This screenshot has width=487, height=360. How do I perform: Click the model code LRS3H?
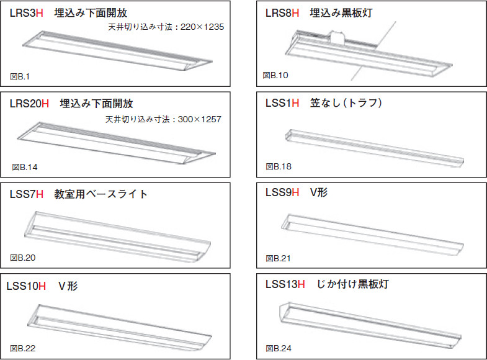click(x=27, y=13)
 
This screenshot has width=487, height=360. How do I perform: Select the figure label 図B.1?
click(x=20, y=76)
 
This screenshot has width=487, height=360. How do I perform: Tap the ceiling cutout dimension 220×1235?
click(x=202, y=27)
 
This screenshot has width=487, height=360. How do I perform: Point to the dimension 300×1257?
click(x=199, y=119)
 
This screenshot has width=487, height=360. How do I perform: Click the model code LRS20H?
click(x=29, y=104)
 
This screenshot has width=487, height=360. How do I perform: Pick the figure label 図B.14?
click(x=25, y=167)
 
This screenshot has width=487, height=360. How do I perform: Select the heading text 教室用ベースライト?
click(x=101, y=194)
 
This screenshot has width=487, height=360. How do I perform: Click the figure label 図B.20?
click(x=23, y=258)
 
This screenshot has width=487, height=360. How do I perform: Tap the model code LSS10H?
click(x=26, y=286)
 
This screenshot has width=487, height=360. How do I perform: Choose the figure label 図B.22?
click(x=23, y=348)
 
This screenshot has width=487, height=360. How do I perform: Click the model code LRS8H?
click(x=282, y=13)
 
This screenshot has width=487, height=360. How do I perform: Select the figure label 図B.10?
click(x=275, y=75)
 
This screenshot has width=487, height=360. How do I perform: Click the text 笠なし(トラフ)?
click(x=346, y=103)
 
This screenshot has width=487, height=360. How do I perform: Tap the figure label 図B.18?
click(x=279, y=166)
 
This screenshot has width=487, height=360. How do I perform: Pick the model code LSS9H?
click(x=282, y=192)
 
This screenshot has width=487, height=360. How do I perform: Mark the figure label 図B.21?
click(x=279, y=258)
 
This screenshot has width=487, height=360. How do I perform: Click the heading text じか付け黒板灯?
click(x=352, y=284)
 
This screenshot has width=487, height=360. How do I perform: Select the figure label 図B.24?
click(x=279, y=348)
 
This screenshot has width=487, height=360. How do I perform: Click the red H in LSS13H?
click(x=302, y=284)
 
